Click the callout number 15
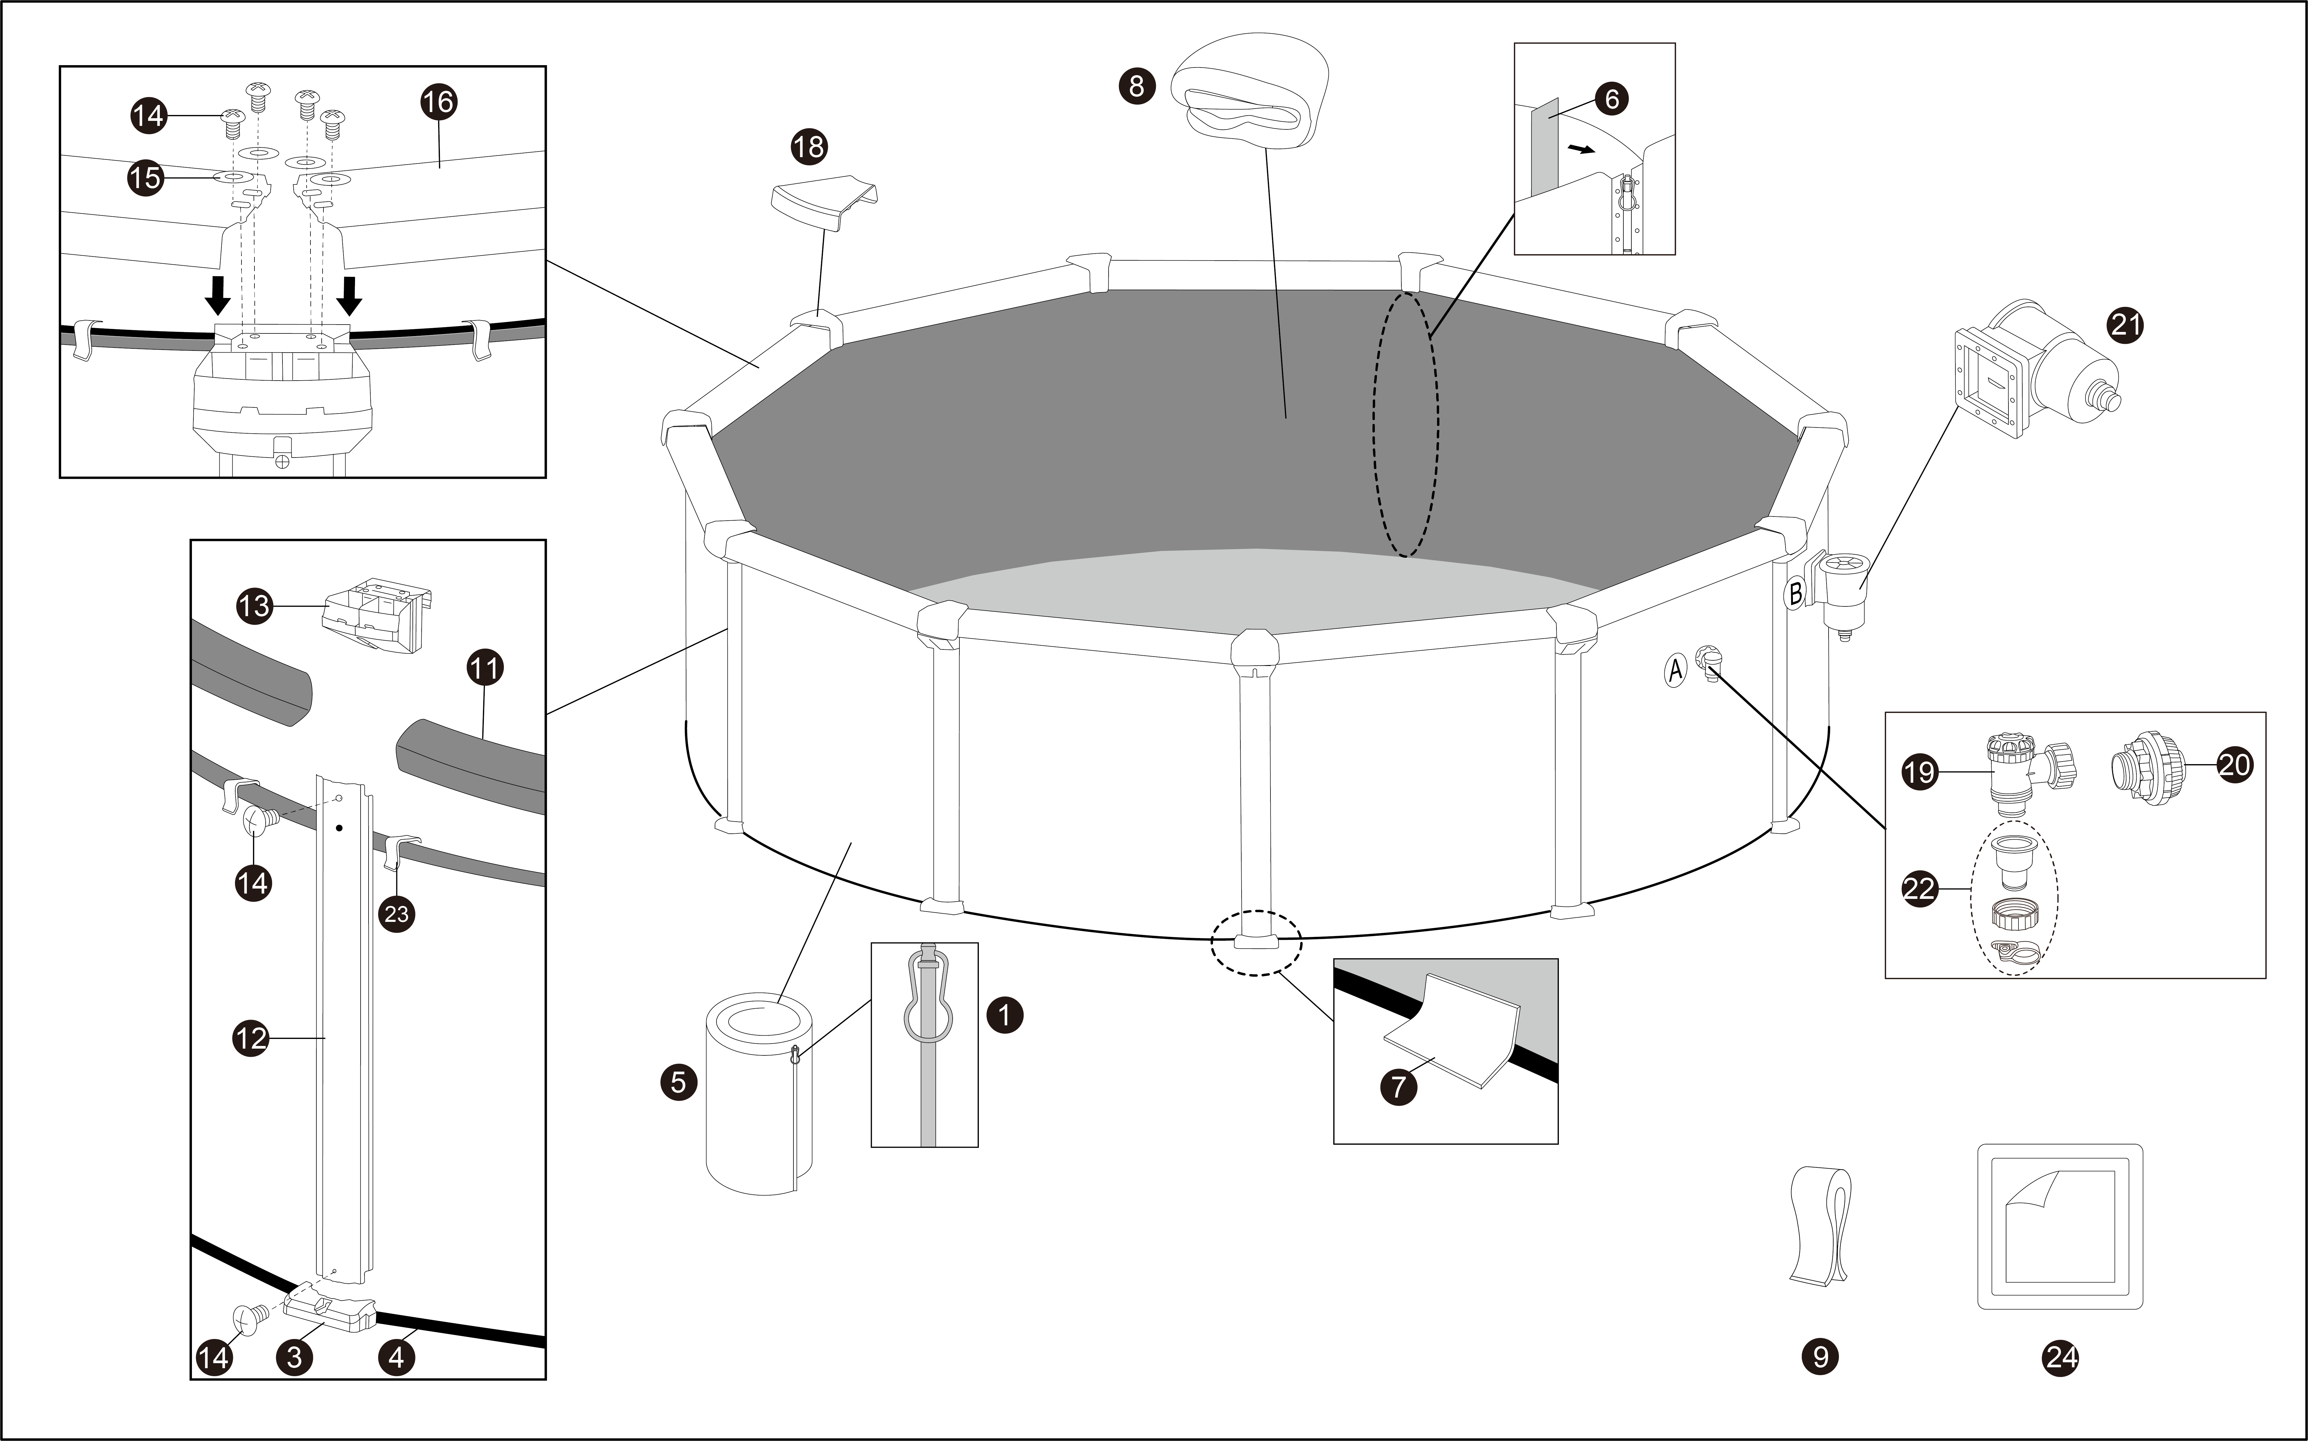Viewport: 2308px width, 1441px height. tap(146, 178)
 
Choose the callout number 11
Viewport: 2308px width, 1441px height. tap(484, 668)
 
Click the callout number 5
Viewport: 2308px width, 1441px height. tap(678, 1083)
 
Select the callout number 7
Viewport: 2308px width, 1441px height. tap(1398, 1086)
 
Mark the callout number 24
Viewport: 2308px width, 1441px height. tap(2061, 1357)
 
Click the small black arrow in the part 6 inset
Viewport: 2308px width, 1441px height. tap(1579, 150)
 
